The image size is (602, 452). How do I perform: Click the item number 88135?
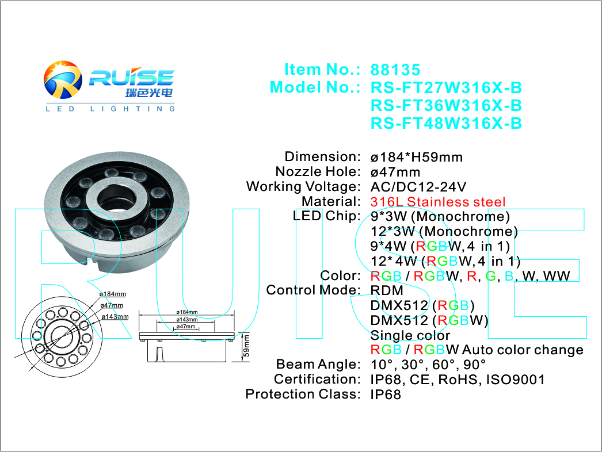click(395, 70)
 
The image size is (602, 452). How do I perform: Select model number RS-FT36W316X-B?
click(446, 106)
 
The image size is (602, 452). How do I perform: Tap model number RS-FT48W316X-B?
click(446, 124)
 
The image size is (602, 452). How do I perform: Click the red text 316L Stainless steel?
click(438, 202)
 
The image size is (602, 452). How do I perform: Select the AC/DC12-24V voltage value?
click(418, 187)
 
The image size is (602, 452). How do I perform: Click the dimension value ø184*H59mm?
click(416, 157)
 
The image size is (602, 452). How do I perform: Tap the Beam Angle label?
click(318, 365)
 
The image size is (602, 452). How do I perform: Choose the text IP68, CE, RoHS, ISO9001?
click(457, 380)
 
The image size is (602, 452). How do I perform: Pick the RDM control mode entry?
click(387, 290)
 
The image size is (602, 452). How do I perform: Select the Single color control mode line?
click(410, 335)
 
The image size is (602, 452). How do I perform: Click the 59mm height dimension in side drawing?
click(246, 347)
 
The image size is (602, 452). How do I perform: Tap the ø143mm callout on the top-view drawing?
click(115, 317)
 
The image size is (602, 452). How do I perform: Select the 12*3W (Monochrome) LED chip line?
click(444, 232)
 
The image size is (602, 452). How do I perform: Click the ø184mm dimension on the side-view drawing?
click(187, 313)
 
